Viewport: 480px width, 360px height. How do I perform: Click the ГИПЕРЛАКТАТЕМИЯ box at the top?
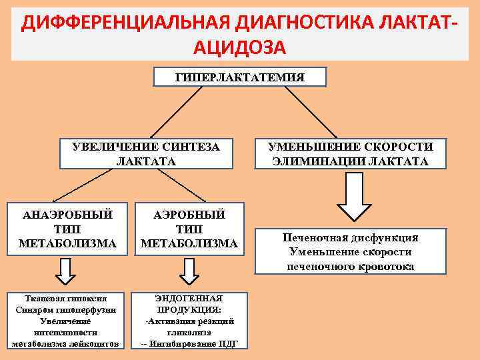click(x=239, y=77)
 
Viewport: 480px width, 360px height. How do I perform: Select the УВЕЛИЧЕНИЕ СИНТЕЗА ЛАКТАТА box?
click(x=145, y=154)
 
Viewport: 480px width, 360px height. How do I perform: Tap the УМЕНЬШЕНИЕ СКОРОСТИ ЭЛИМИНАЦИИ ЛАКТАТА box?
click(x=351, y=154)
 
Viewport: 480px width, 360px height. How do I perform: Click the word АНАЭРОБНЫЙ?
click(x=67, y=215)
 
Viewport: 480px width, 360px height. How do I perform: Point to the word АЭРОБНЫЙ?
click(x=189, y=215)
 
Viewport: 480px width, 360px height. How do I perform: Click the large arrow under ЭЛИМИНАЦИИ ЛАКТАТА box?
click(x=351, y=198)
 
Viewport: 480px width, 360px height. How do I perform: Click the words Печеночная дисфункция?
click(x=351, y=237)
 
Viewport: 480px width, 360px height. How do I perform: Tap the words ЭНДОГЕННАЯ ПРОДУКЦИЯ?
click(x=189, y=304)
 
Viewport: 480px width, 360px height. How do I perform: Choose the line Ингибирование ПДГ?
click(x=193, y=343)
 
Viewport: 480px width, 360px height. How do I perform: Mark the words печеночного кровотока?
click(x=351, y=267)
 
